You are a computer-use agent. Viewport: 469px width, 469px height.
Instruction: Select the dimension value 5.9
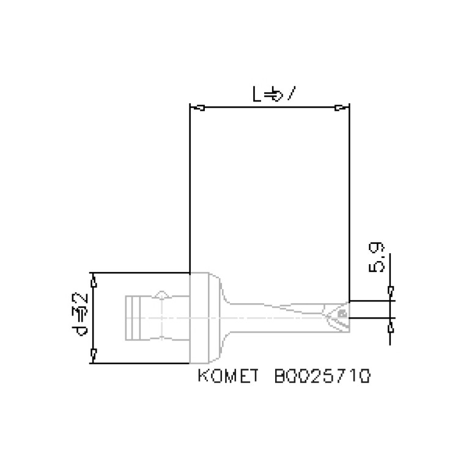(x=377, y=257)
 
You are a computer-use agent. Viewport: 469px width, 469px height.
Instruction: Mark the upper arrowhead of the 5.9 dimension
(x=391, y=290)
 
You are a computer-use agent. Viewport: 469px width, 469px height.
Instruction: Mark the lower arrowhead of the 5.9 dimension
(x=391, y=328)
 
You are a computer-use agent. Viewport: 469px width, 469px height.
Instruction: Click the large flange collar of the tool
(x=205, y=318)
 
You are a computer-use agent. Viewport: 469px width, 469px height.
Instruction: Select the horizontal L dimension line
(x=269, y=108)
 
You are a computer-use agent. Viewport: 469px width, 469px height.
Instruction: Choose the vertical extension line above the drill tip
(x=349, y=202)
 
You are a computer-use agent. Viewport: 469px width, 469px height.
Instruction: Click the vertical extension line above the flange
(x=190, y=190)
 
